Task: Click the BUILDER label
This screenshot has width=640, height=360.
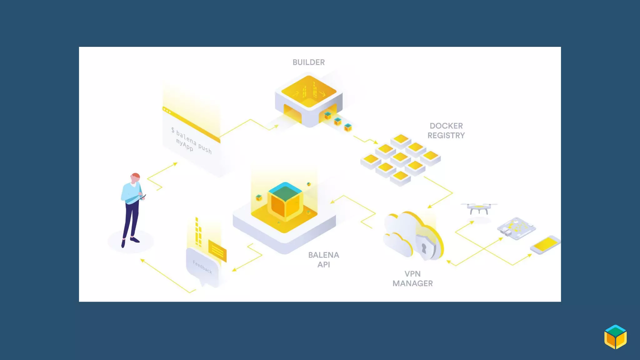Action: click(x=308, y=62)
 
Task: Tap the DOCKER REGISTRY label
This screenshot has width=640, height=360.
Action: click(x=446, y=131)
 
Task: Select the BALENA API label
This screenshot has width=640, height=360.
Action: click(x=323, y=260)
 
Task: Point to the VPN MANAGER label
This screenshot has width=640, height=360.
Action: click(x=412, y=279)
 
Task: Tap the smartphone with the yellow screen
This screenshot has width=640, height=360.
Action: click(x=545, y=244)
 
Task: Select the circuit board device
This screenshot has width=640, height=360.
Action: click(x=516, y=228)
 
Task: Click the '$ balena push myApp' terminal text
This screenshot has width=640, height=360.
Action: click(x=192, y=141)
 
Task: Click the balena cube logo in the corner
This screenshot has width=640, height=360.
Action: click(x=615, y=337)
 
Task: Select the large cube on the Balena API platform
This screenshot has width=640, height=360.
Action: click(x=285, y=200)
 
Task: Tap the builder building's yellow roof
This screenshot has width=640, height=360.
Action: click(x=309, y=91)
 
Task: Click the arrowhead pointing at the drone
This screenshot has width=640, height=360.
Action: click(x=472, y=222)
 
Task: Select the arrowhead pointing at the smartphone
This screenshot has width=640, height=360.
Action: click(x=530, y=255)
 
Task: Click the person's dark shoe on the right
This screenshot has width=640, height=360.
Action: click(x=135, y=240)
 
